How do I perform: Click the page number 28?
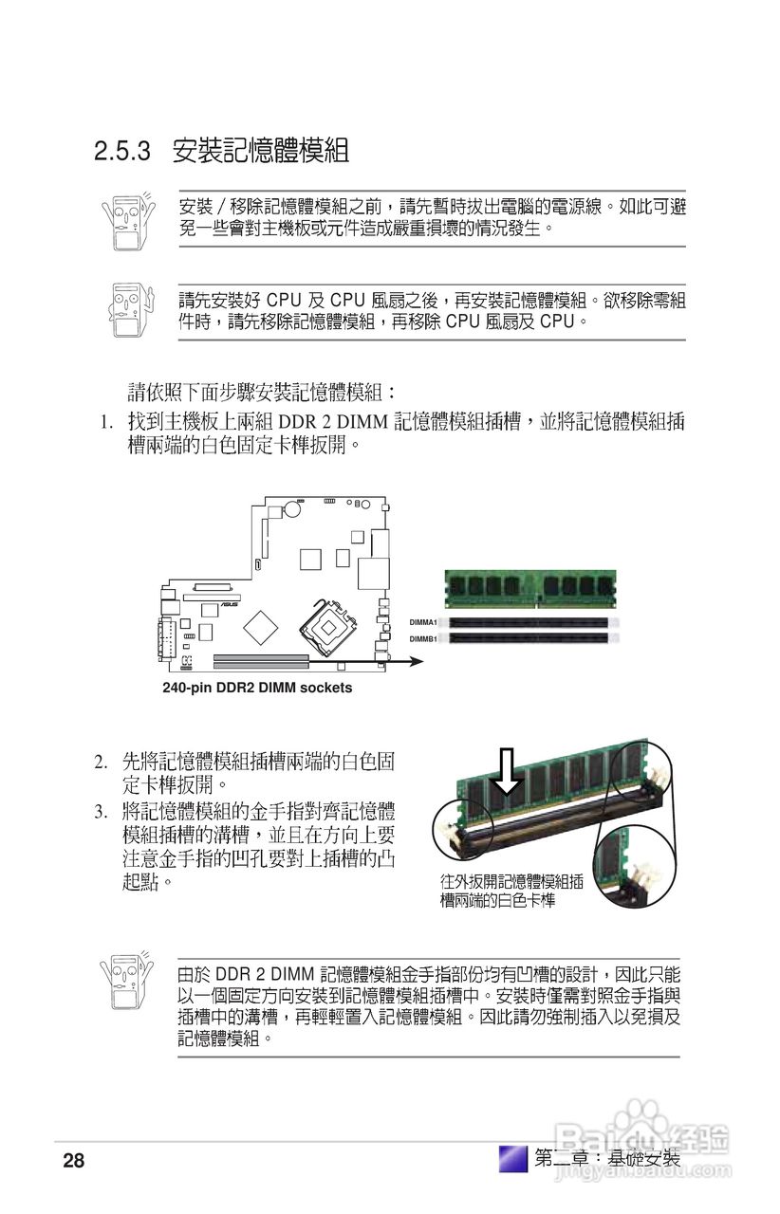point(74,1160)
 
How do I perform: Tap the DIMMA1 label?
point(423,622)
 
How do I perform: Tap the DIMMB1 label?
point(423,638)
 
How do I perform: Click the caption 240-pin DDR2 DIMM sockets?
point(257,688)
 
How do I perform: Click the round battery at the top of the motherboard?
point(293,509)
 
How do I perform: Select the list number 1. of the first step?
point(107,421)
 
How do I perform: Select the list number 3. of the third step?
point(100,812)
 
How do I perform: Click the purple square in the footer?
point(512,1158)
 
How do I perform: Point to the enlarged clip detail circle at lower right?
point(625,862)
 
